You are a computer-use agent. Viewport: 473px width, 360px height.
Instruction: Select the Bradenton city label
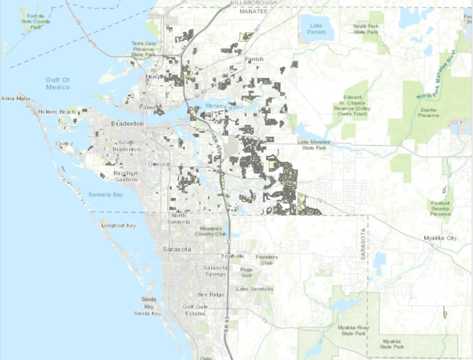(127, 124)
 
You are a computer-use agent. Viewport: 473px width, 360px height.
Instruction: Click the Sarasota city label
(177, 250)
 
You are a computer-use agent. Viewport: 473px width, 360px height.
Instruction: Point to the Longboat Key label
(119, 226)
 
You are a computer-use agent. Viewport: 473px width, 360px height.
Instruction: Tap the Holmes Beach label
(57, 111)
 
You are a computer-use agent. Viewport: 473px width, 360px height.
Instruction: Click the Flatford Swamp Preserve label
(440, 208)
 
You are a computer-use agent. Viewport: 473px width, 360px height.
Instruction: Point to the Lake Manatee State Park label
(314, 145)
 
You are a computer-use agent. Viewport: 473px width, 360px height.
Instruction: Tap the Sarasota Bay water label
(105, 194)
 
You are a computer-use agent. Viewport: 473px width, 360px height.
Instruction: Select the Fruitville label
(232, 256)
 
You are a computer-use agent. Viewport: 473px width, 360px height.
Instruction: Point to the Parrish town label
(254, 59)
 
